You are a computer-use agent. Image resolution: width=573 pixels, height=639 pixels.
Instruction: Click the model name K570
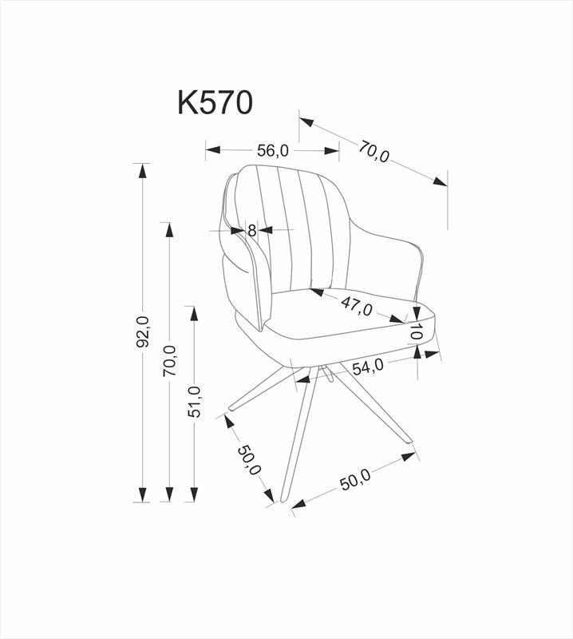[215, 103]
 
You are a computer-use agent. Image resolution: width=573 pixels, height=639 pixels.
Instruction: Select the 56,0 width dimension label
[272, 150]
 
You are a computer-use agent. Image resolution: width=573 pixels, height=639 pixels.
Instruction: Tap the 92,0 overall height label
[144, 331]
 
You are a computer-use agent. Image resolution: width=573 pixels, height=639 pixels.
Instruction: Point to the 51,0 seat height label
[194, 401]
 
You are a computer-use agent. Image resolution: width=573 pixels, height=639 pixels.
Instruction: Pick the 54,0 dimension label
[368, 367]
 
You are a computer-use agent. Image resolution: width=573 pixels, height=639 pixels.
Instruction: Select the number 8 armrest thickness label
[251, 231]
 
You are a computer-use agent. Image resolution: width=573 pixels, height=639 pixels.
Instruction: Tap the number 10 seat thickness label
[416, 331]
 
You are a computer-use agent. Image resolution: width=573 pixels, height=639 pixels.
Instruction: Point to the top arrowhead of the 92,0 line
[144, 170]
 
